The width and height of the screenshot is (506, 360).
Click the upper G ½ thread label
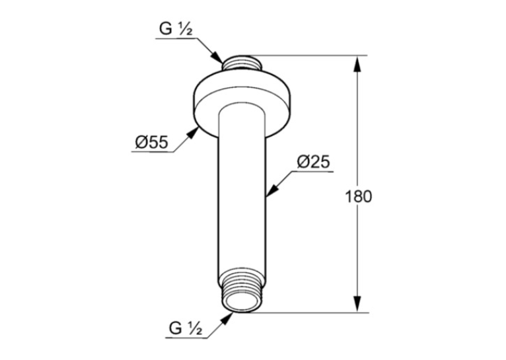coord(176,29)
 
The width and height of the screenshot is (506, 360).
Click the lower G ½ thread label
coord(186,329)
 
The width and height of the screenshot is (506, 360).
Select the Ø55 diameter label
coord(152,142)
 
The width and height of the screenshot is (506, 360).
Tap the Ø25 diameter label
coord(313,162)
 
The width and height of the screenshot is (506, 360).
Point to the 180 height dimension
coord(358,196)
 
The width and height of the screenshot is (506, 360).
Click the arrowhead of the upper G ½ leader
coord(217,57)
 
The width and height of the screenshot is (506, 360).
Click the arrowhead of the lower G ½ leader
coord(227,318)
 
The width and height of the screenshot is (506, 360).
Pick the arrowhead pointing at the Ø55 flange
coord(193,133)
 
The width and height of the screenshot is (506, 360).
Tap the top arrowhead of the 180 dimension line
coord(357,65)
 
